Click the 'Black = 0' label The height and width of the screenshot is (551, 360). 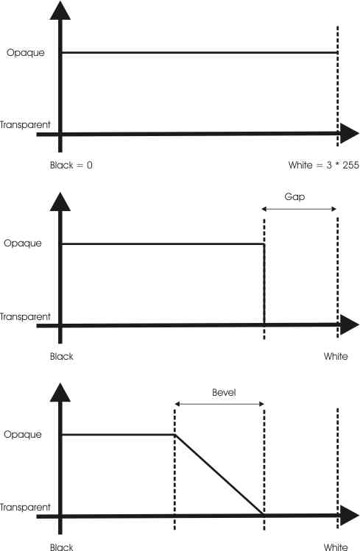71,165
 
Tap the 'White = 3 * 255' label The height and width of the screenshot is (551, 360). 323,165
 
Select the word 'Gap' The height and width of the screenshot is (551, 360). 294,197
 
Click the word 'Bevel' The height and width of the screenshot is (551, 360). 224,392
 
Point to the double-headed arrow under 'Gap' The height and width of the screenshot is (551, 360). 299,209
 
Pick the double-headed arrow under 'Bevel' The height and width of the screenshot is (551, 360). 219,404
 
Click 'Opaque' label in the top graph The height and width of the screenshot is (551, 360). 26,53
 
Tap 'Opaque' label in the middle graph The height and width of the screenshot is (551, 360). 23,243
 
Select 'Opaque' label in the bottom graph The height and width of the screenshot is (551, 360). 23,434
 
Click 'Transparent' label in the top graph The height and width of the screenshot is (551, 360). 25,125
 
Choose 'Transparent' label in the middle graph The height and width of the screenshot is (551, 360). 25,316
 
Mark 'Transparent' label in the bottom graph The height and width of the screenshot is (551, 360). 25,507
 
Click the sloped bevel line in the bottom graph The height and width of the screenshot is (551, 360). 219,474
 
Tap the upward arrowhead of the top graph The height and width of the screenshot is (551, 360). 60,11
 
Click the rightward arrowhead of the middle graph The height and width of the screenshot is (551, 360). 350,324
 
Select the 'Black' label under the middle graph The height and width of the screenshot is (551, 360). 62,356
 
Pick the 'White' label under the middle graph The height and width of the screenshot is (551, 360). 336,356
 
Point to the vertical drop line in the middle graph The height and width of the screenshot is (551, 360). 264,284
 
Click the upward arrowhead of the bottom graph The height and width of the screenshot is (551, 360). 60,393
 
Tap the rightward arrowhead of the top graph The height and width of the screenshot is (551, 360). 350,134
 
